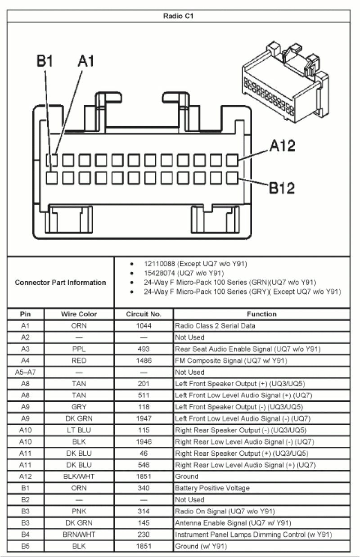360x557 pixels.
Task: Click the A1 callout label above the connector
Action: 85,61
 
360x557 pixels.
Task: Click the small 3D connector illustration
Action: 287,83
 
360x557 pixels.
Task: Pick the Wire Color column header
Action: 79,314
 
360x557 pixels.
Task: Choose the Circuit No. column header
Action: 144,314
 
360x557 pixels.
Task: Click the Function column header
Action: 261,314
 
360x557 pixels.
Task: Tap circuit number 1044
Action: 144,326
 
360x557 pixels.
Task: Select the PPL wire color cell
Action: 79,349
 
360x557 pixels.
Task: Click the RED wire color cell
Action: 79,360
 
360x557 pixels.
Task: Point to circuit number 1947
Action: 144,418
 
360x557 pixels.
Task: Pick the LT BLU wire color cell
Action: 79,430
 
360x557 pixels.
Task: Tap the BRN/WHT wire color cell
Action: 79,535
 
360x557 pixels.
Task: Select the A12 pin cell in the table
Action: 26,476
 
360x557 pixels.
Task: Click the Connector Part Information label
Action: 60,283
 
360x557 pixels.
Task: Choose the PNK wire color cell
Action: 79,511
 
